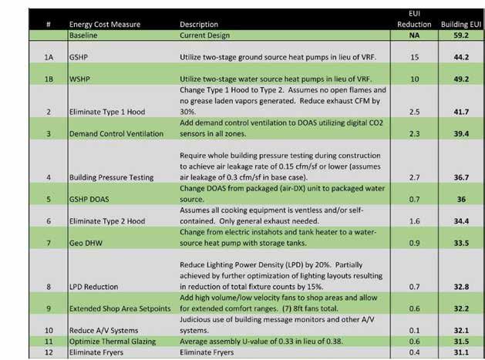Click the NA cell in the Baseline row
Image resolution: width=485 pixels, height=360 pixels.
413,35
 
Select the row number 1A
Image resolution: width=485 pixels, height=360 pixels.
47,57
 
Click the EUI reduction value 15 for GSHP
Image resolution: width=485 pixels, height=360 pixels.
413,57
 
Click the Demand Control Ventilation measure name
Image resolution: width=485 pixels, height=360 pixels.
116,133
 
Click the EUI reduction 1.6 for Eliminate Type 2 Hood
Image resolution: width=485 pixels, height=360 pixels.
413,220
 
